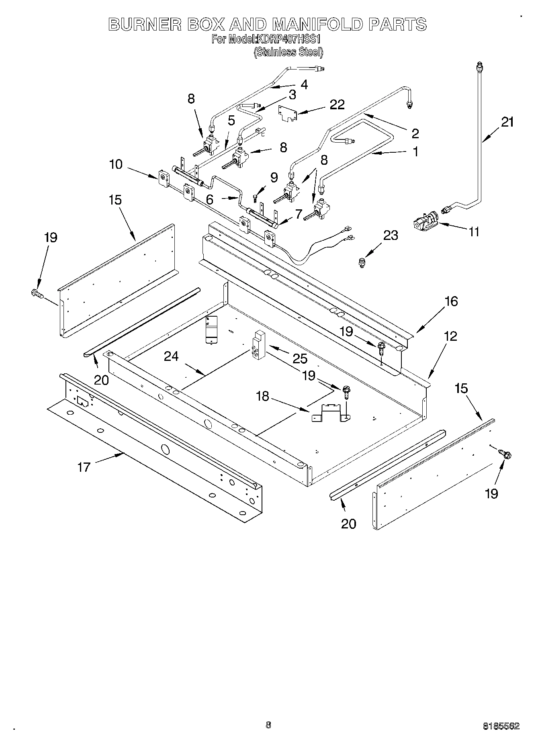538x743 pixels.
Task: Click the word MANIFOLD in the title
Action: (x=317, y=25)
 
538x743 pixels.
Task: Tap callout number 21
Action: (x=507, y=122)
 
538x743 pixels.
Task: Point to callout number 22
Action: (x=337, y=104)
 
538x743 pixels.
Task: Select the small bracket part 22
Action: (x=288, y=113)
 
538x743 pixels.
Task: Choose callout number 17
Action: (x=84, y=467)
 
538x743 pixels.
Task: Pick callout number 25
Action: (x=300, y=358)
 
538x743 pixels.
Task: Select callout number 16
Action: (x=451, y=301)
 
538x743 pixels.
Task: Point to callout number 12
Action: (x=451, y=336)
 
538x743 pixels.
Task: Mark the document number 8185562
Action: (x=501, y=726)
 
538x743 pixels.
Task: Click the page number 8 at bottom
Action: (x=268, y=725)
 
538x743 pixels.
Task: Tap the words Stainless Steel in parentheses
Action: (x=288, y=52)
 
